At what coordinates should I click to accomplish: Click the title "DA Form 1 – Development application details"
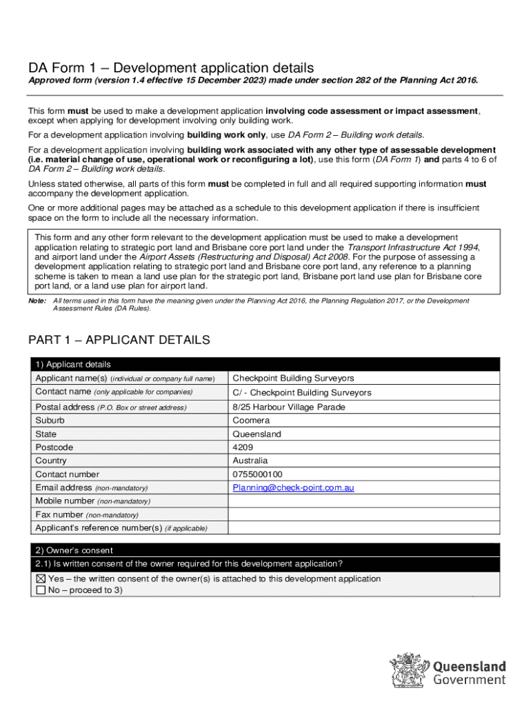[170, 68]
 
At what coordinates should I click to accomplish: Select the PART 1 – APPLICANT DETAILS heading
[118, 341]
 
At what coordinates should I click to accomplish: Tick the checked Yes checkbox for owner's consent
[41, 579]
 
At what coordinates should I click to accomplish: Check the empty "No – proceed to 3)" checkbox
[41, 591]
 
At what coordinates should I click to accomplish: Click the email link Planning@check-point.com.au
[293, 488]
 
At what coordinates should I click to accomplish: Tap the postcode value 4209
[243, 447]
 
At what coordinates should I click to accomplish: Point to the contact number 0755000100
[257, 474]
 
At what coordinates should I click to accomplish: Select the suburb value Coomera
[251, 421]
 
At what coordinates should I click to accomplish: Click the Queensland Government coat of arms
[410, 671]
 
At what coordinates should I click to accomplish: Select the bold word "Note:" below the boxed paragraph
[37, 301]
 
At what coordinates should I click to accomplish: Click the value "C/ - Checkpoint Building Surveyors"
[301, 393]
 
